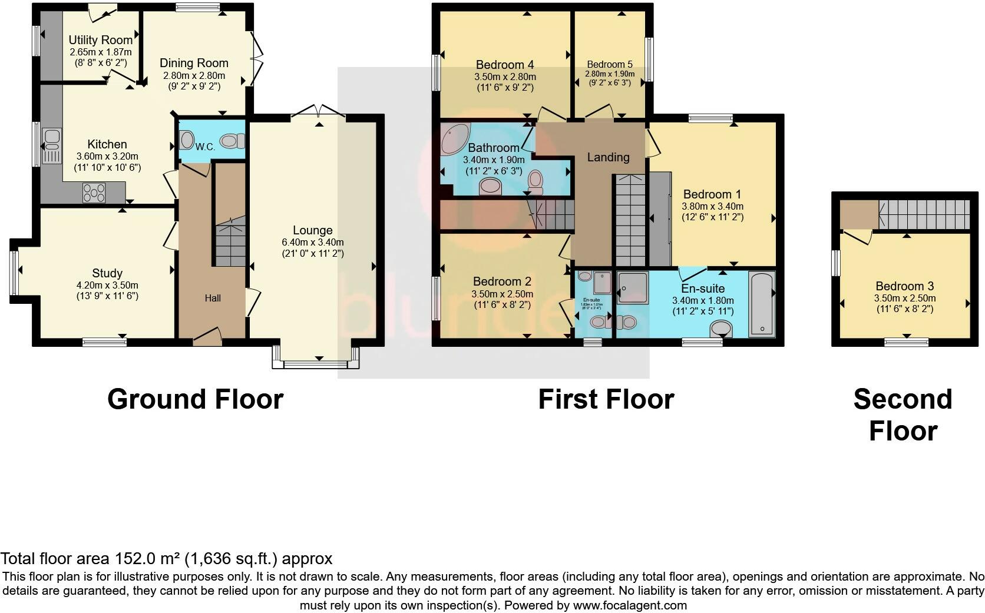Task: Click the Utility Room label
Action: [100, 40]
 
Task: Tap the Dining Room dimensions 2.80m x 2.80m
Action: [194, 75]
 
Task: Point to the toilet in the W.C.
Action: [233, 141]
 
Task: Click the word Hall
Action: [213, 298]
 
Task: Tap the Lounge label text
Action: [313, 230]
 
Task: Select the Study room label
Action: [107, 273]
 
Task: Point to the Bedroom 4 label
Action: [504, 64]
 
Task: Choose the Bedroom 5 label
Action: [609, 64]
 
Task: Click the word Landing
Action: [608, 157]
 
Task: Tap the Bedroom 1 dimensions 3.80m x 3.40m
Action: [712, 206]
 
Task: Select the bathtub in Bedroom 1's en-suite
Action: [762, 304]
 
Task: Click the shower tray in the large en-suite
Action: [632, 287]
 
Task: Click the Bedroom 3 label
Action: [904, 286]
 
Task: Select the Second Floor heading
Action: [903, 415]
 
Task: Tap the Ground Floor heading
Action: [195, 399]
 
